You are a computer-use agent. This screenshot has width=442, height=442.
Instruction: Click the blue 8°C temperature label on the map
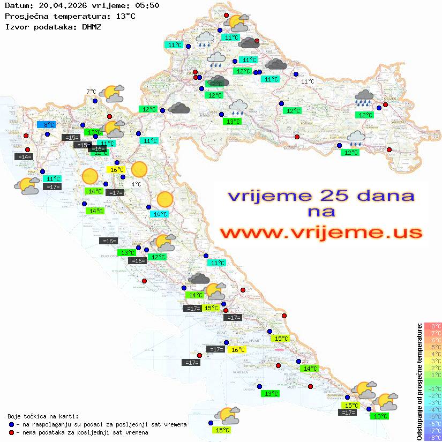point(46,125)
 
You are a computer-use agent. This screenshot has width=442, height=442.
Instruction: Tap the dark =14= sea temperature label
point(24,157)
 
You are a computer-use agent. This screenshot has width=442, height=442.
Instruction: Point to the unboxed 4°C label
point(137,184)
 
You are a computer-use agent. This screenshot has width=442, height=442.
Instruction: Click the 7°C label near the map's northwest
point(91,92)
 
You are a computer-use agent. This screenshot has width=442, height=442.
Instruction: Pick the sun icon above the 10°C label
point(165,200)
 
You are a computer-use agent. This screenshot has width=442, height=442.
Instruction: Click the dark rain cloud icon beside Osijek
point(364,98)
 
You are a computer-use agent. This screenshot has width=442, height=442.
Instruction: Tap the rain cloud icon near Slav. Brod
point(356,138)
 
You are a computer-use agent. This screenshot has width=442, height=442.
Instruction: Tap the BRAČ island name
point(219,333)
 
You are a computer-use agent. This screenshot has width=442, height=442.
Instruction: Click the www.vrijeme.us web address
point(321,233)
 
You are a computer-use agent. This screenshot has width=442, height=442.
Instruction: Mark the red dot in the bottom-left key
point(11,432)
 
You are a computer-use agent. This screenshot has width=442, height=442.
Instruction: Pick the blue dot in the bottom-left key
point(11,424)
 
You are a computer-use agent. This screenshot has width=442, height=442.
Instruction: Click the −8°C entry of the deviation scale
point(432,438)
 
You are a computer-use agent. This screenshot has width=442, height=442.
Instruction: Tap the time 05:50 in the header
point(147,6)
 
